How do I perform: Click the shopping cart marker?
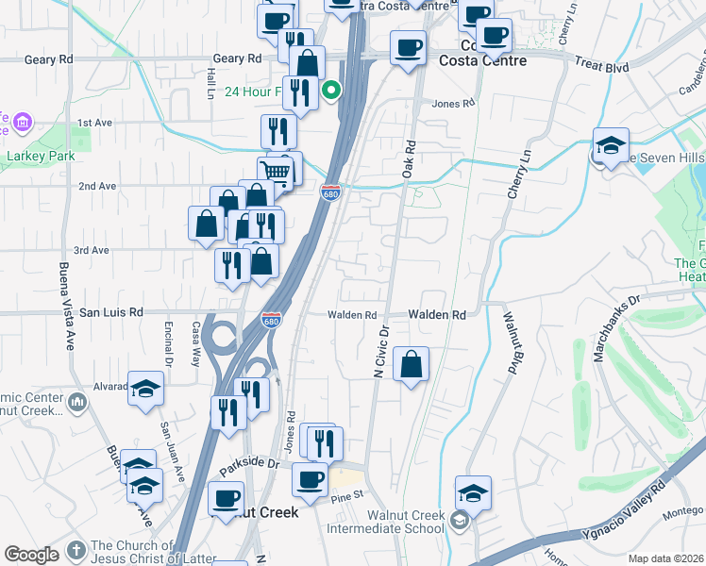(x=274, y=171)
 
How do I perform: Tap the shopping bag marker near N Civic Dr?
(x=412, y=364)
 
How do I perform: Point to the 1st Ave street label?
(x=94, y=123)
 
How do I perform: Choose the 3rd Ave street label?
(x=92, y=250)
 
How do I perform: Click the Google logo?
(x=31, y=555)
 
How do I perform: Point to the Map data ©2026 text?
(x=665, y=558)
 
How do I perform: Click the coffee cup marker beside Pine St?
(x=309, y=479)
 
